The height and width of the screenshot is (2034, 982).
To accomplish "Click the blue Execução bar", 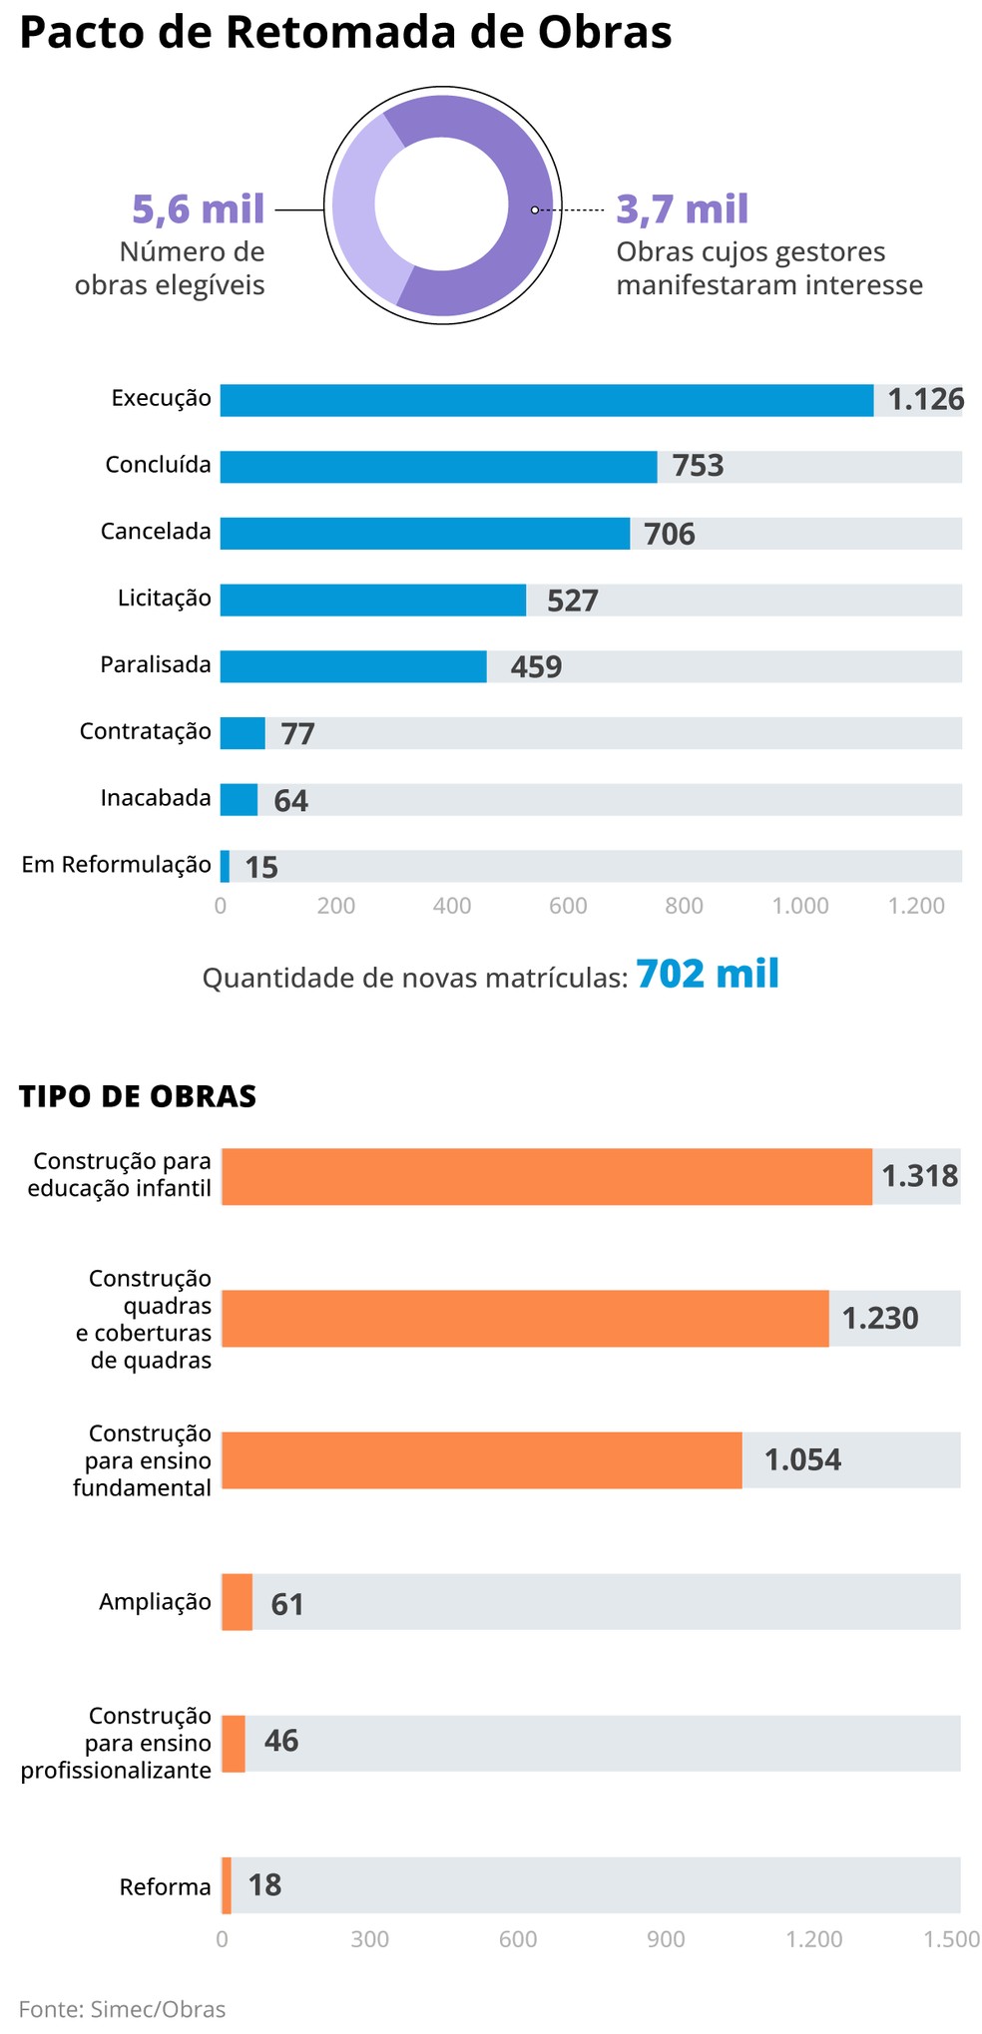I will (545, 400).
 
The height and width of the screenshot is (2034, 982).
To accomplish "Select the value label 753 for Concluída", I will (697, 466).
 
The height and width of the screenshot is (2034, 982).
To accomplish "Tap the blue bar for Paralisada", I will (352, 666).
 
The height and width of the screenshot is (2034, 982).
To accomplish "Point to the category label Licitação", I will (164, 599).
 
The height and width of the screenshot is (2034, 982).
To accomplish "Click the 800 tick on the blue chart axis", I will (684, 906).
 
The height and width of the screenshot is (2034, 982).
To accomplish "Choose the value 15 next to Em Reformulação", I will (261, 867).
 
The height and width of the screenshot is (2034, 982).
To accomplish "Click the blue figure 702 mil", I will (707, 974).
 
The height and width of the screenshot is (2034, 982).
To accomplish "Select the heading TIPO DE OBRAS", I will (138, 1096).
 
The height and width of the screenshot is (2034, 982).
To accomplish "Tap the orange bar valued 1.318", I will (546, 1176).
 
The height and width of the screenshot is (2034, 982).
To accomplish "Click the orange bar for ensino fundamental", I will (481, 1460).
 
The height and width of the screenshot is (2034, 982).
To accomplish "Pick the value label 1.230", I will (879, 1319).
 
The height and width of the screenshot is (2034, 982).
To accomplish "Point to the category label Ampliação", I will (155, 1602).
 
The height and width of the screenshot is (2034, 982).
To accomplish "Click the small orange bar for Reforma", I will (227, 1885).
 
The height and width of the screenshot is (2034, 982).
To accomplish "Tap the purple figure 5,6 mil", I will (198, 209).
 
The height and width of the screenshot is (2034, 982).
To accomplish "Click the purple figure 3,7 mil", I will (683, 209).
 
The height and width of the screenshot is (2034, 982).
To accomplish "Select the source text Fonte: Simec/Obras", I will (122, 2009).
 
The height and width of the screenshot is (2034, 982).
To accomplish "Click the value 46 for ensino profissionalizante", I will (280, 1742).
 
